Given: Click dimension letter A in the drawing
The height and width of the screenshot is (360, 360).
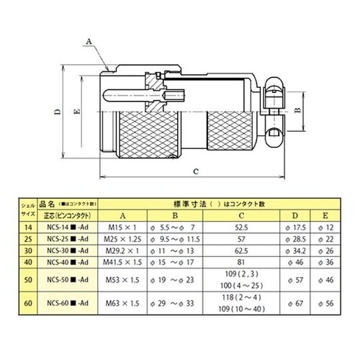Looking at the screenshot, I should click(x=90, y=42).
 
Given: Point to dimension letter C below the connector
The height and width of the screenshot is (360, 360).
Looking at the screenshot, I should click(x=196, y=171).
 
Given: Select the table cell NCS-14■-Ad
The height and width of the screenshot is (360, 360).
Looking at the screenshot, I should click(x=66, y=226).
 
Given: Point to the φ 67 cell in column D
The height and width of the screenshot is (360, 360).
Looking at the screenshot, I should click(x=294, y=303).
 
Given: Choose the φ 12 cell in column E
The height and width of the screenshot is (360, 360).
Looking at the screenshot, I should click(x=328, y=226).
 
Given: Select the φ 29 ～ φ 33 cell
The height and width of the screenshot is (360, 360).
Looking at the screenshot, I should click(x=176, y=303).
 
